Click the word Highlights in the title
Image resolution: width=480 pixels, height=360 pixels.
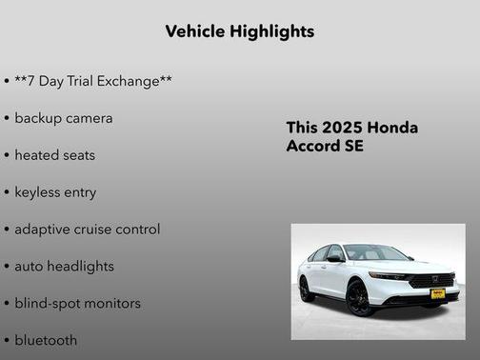tap(272, 31)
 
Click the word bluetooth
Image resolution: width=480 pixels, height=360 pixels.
tap(46, 340)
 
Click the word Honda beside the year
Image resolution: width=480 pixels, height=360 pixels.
tap(392, 129)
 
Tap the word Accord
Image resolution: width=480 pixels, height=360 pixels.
tap(312, 148)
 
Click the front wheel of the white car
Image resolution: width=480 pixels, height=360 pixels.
tap(358, 298)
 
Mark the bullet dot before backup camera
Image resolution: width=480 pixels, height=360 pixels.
tap(7, 119)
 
